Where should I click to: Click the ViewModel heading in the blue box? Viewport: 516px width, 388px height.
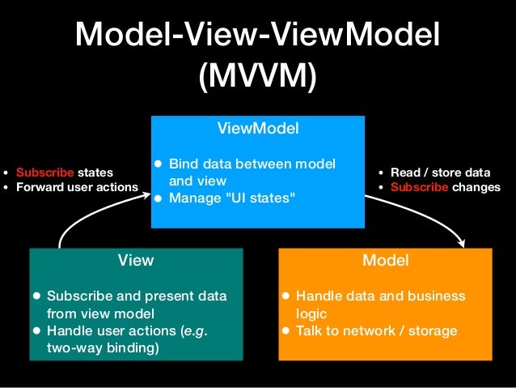258,128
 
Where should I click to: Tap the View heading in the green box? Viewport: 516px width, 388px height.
136,260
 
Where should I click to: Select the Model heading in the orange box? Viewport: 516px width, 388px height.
385,260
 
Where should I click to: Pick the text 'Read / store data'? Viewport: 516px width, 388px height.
440,172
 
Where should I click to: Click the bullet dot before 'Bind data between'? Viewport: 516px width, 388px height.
159,164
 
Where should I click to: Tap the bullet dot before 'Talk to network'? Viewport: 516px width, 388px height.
285,330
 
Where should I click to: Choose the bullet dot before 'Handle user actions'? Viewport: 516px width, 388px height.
36,330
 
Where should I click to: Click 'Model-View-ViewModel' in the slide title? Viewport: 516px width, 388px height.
258,35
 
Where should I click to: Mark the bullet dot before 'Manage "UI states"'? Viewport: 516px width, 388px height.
159,197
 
